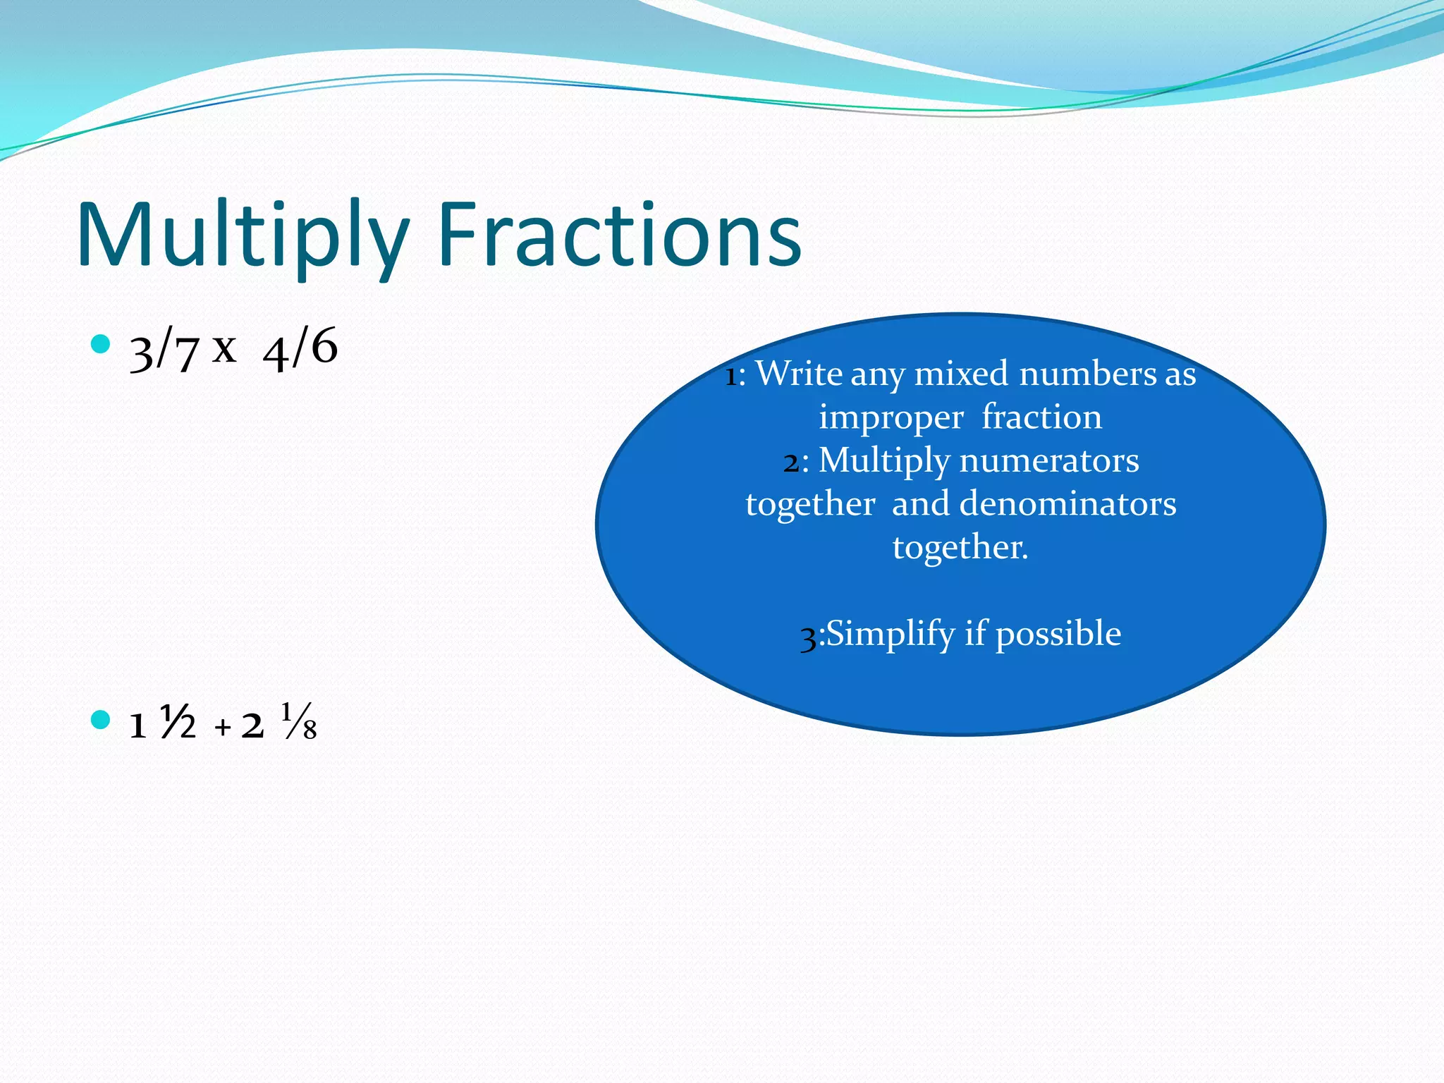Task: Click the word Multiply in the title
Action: pos(243,236)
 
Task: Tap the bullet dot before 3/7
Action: pos(101,344)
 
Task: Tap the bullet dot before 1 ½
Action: pos(101,720)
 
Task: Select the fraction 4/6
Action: pos(300,349)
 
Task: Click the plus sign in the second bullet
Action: pos(223,727)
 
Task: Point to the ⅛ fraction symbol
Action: pos(299,721)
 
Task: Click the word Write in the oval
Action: pos(799,373)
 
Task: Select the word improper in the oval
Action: pos(891,417)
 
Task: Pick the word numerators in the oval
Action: pos(1049,460)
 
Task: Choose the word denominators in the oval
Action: pos(1067,503)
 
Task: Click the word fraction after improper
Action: pos(1041,417)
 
